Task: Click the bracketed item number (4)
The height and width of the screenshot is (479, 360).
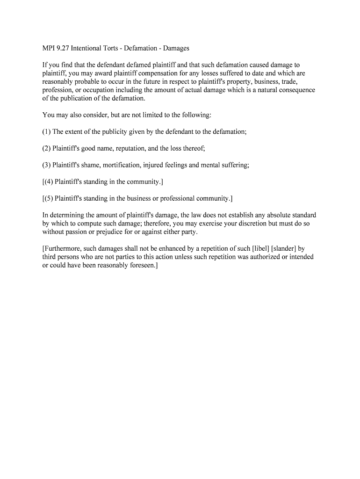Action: (x=48, y=181)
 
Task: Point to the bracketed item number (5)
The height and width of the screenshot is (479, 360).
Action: (x=48, y=198)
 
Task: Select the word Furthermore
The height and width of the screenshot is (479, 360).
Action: (x=63, y=249)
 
